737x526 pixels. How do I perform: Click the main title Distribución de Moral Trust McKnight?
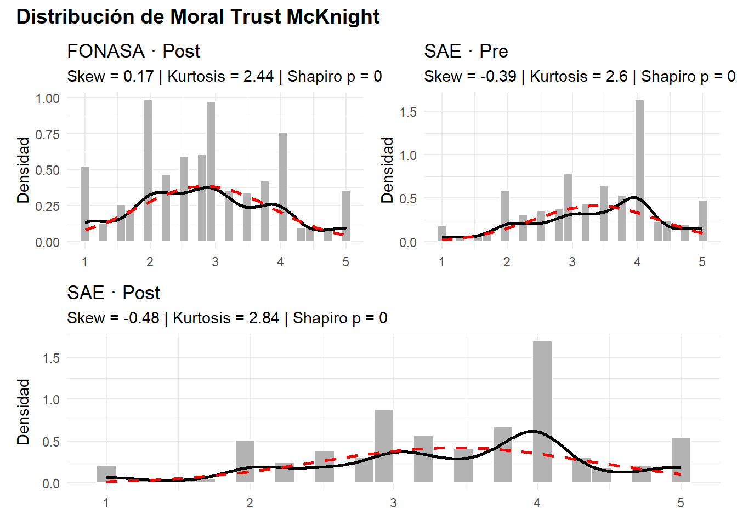tap(197, 17)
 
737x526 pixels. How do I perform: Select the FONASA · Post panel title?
tap(133, 51)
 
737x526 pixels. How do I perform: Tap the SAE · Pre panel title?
tap(466, 51)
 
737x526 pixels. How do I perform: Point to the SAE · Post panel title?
tap(113, 293)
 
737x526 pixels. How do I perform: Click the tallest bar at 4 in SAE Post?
tap(542, 411)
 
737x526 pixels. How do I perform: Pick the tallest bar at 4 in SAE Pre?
tap(639, 170)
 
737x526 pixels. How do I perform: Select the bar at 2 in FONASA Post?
tap(148, 170)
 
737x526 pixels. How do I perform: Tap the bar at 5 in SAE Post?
tap(681, 460)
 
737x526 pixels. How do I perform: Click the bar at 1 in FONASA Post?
tap(85, 204)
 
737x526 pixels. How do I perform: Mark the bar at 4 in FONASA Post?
tap(283, 186)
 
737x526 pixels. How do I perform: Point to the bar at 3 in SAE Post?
tap(384, 446)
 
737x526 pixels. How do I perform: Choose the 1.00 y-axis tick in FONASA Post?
tap(48, 99)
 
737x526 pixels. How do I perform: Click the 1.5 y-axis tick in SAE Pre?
tap(408, 112)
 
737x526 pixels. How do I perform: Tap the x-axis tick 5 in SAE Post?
tap(681, 503)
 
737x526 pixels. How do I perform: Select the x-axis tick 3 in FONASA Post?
tap(215, 262)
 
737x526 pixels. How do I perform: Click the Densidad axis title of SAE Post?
tap(23, 411)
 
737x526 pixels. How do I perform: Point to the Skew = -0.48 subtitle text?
tap(113, 318)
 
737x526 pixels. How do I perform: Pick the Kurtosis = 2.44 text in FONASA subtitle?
tap(220, 76)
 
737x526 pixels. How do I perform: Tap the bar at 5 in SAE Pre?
tap(702, 221)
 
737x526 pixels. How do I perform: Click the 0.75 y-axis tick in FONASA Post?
tap(48, 134)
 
